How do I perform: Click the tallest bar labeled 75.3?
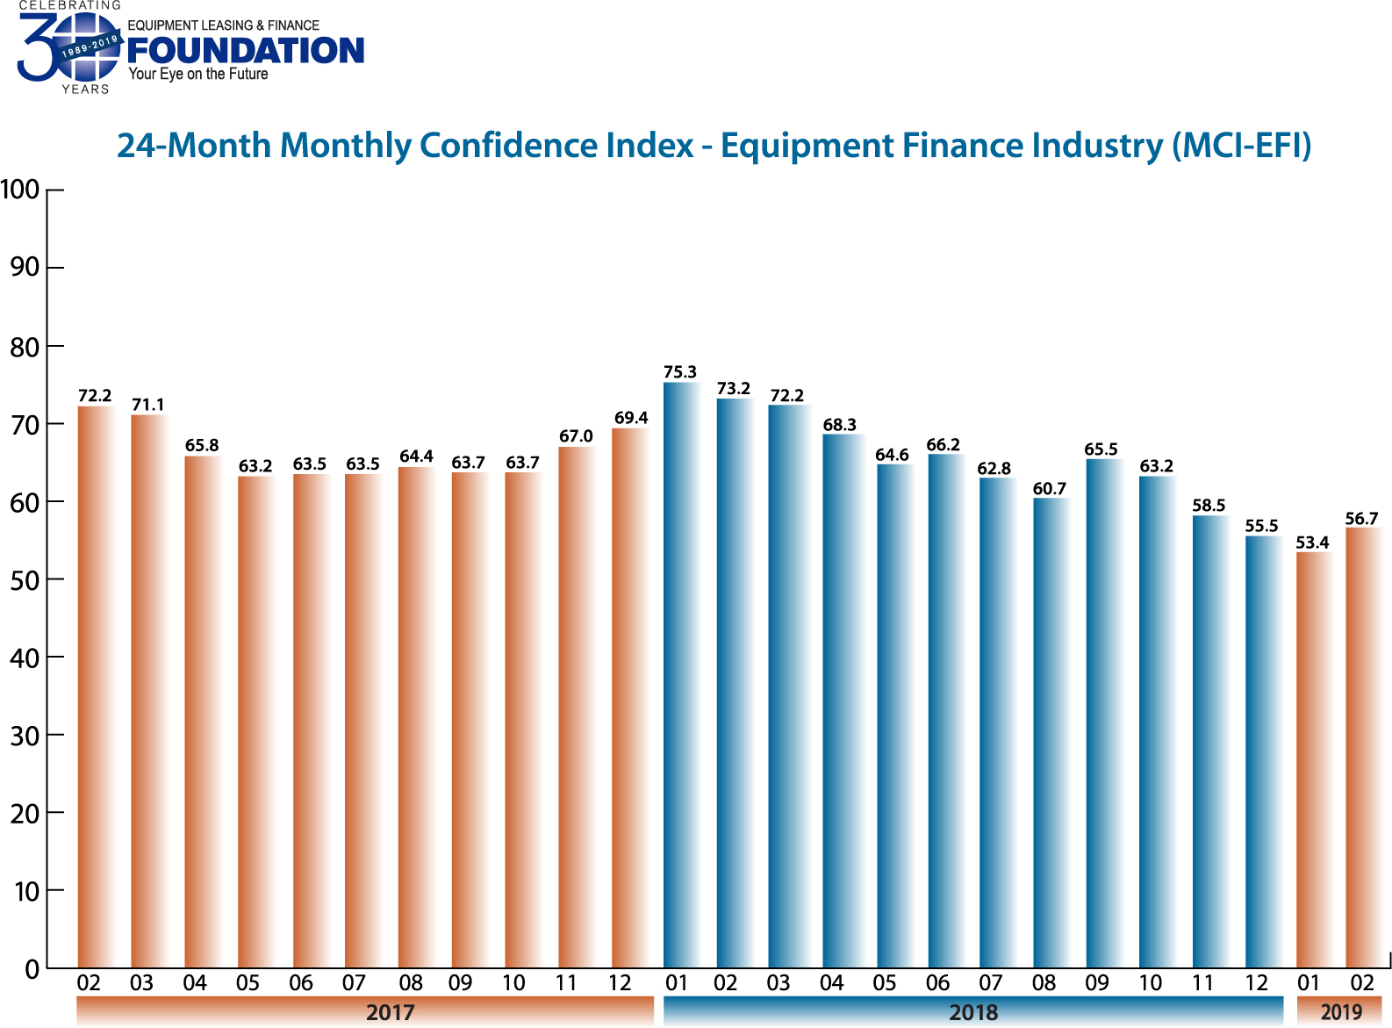click(681, 676)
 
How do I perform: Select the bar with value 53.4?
click(1314, 759)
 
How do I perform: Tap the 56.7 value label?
click(1361, 519)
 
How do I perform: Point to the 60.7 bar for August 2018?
click(1051, 733)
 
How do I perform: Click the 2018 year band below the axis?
click(972, 1011)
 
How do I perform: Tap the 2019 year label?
click(1340, 1011)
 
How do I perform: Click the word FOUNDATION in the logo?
click(246, 50)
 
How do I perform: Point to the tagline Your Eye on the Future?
click(198, 75)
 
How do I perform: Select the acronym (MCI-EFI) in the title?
click(1242, 146)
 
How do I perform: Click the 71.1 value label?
click(148, 405)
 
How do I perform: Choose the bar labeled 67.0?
click(577, 707)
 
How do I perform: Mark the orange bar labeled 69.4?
click(630, 698)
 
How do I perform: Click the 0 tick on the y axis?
click(32, 969)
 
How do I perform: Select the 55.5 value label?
click(1261, 526)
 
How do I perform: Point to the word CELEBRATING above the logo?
click(69, 5)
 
